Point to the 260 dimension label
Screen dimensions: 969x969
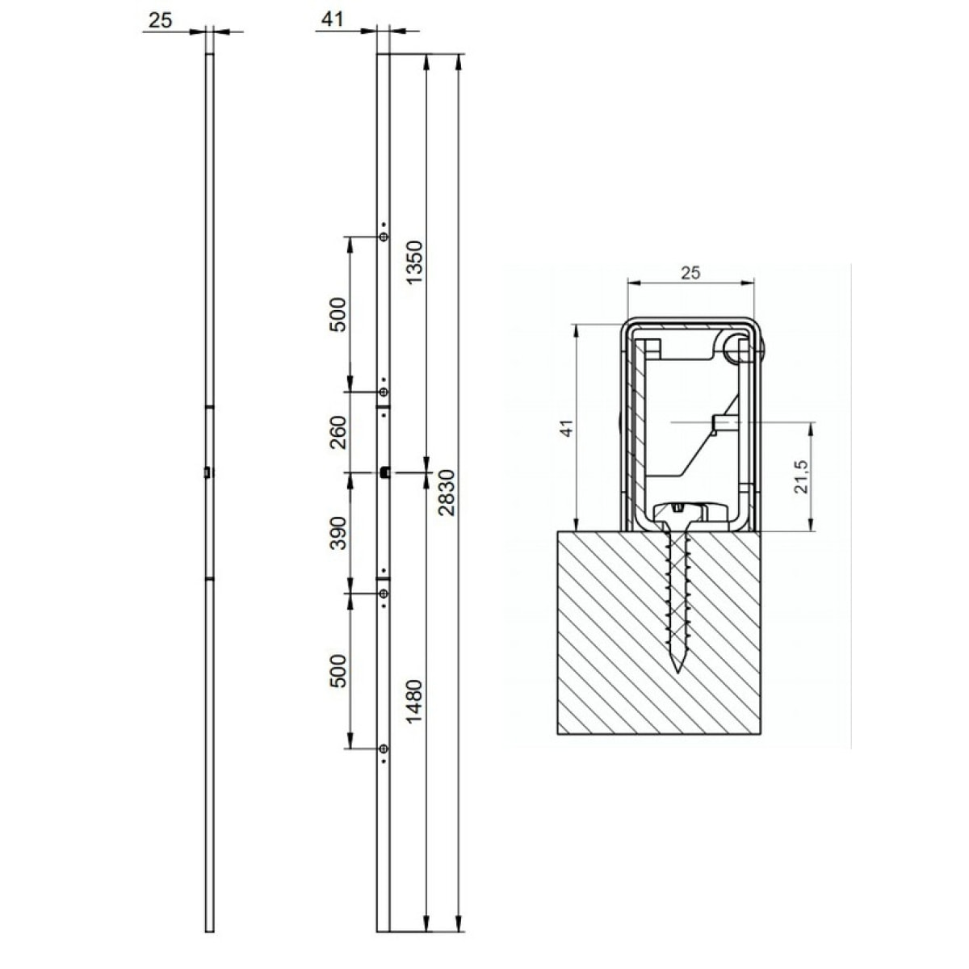tap(338, 431)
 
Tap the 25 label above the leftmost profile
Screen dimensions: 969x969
tap(161, 20)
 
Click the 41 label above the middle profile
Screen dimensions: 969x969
tap(332, 20)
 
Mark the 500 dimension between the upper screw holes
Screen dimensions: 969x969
tap(338, 315)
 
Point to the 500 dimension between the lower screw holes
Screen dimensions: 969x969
tap(338, 670)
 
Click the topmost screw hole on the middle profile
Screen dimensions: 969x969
tap(384, 237)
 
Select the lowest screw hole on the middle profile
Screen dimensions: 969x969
tap(384, 749)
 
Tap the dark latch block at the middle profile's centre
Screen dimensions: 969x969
tap(386, 472)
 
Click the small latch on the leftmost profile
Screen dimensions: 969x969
tap(208, 472)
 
